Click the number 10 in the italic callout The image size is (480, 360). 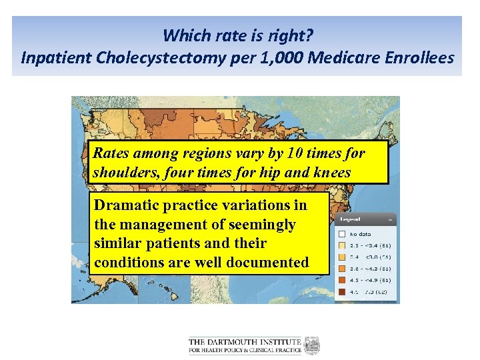(299, 153)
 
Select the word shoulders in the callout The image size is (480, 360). (124, 172)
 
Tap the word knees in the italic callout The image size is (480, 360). (334, 172)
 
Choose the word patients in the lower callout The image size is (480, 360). (160, 244)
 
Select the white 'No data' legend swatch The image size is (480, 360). (341, 234)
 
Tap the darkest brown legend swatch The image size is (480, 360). (341, 291)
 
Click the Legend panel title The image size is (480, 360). (351, 219)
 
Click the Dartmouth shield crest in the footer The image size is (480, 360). (312, 345)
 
